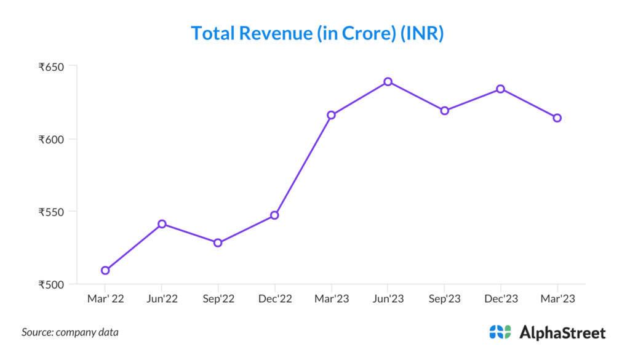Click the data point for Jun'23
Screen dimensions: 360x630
(388, 82)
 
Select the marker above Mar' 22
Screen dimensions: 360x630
(105, 270)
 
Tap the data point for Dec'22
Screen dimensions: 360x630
(274, 215)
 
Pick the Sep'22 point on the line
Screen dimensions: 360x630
(218, 243)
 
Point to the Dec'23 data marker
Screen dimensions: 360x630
(501, 89)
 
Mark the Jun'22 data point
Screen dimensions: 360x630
(162, 224)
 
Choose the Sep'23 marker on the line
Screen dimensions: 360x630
(444, 111)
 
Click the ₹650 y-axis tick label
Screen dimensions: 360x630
(53, 66)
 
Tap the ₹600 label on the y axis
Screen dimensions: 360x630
(53, 139)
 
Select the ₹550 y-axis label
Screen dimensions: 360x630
(53, 212)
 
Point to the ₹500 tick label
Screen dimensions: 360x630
(53, 284)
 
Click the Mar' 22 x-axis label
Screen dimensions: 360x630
(105, 299)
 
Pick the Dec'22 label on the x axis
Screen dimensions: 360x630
(274, 299)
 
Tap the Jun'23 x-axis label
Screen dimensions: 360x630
(388, 299)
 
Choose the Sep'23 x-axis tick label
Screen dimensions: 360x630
(444, 299)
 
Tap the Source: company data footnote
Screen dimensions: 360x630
(70, 332)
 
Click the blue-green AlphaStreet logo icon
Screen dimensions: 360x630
(500, 332)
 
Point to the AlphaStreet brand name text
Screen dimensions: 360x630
(562, 333)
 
